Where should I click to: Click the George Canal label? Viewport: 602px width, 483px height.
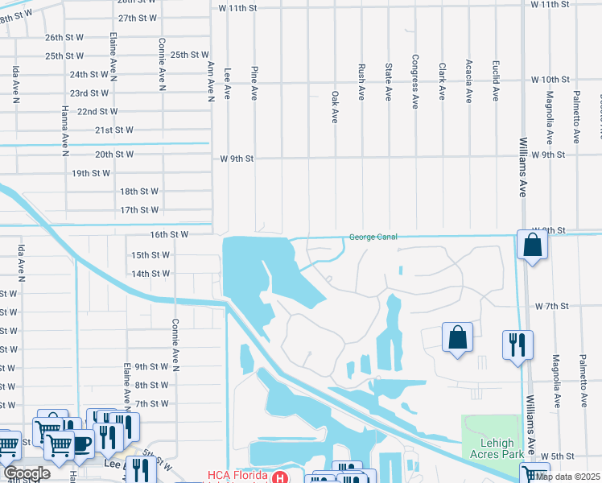click(373, 237)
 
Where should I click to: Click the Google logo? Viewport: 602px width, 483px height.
click(27, 473)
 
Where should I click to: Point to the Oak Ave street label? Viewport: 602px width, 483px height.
click(335, 107)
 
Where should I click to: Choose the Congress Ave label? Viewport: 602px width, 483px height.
click(414, 81)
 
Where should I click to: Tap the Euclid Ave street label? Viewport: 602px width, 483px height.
click(495, 81)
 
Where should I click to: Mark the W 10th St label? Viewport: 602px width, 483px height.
click(550, 80)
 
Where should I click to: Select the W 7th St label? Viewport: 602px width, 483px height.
click(551, 307)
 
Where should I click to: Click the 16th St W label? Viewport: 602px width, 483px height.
click(168, 234)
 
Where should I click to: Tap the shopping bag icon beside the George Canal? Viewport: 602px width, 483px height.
click(533, 245)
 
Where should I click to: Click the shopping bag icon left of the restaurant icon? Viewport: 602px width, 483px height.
click(456, 337)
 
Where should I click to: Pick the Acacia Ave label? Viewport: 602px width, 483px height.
click(468, 82)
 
